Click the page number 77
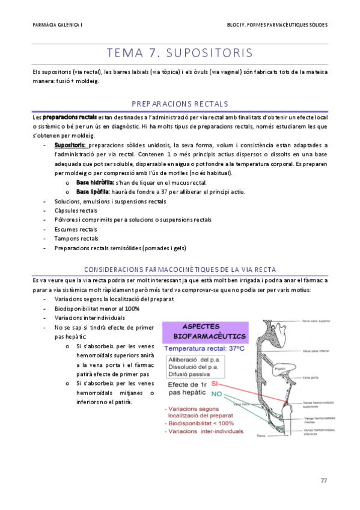323,479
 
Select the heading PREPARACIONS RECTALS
180,103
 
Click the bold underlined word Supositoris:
70,145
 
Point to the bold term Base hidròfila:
95,182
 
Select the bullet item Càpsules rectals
76,210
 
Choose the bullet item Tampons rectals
76,239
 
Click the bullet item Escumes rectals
76,229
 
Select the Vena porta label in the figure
311,378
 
